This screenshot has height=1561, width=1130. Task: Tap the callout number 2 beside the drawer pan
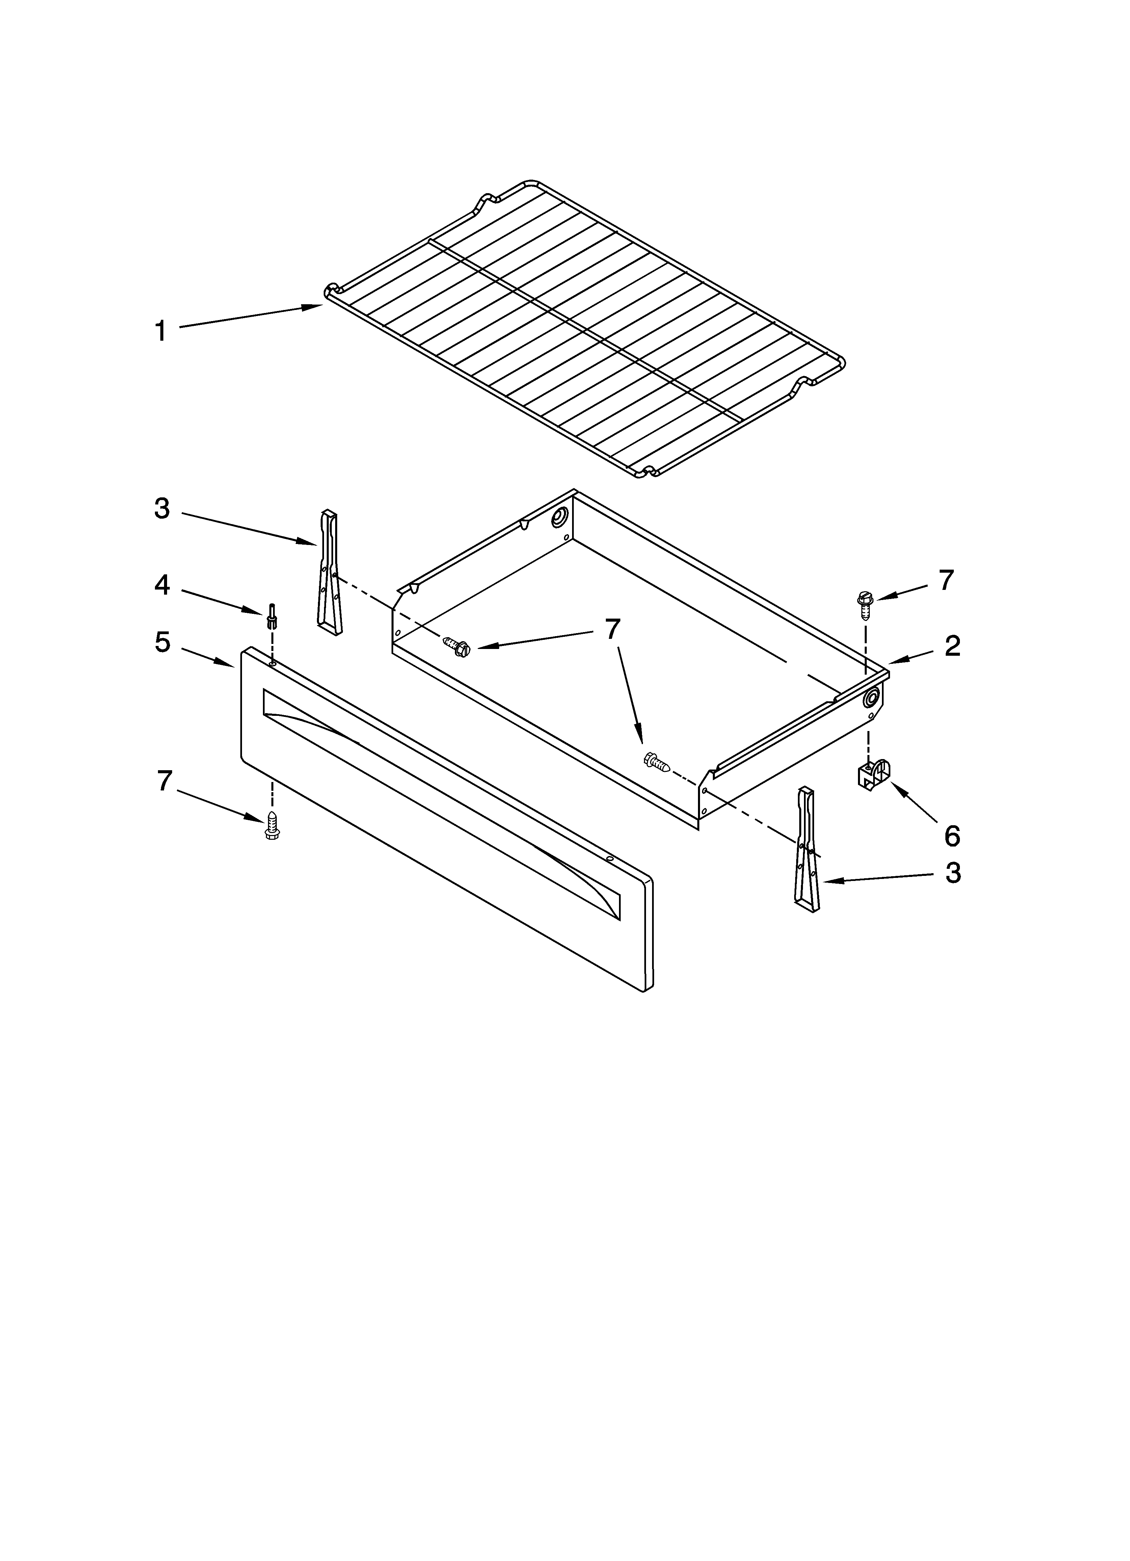[952, 646]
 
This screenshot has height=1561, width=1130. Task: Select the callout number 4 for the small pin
[162, 585]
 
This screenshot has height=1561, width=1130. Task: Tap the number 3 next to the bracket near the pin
[162, 509]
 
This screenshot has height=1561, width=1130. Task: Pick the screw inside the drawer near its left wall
[456, 646]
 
